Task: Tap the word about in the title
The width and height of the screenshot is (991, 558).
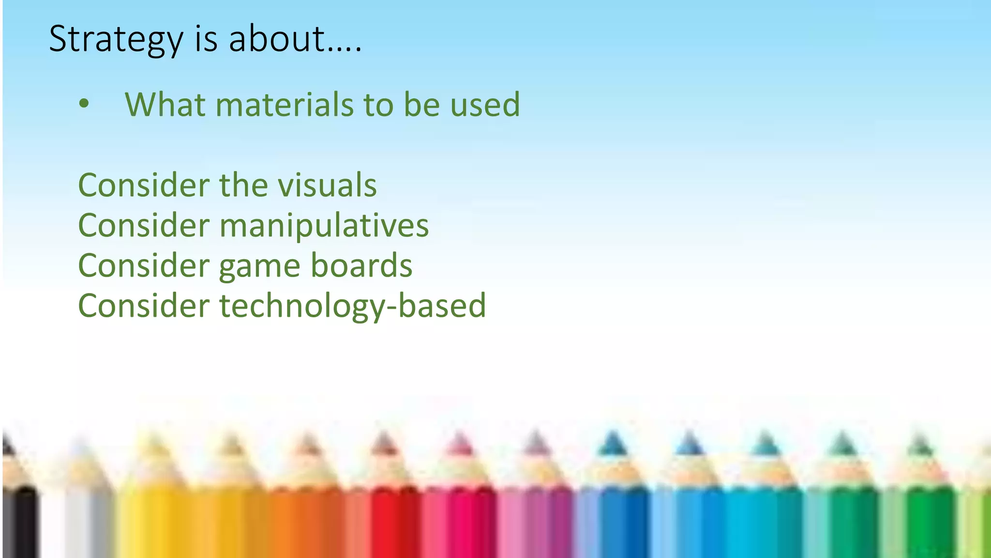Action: (x=276, y=39)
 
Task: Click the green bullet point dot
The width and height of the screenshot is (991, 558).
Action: (x=84, y=103)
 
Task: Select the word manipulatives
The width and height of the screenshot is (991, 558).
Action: (x=324, y=226)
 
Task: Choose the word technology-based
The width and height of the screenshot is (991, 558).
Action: (x=352, y=306)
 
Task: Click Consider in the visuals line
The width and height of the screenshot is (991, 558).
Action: (x=144, y=185)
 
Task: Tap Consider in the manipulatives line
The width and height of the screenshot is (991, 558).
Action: (x=144, y=226)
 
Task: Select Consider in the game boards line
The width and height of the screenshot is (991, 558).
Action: (x=144, y=265)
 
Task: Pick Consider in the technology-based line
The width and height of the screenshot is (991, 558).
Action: (x=144, y=306)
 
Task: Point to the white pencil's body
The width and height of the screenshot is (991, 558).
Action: (x=77, y=523)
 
